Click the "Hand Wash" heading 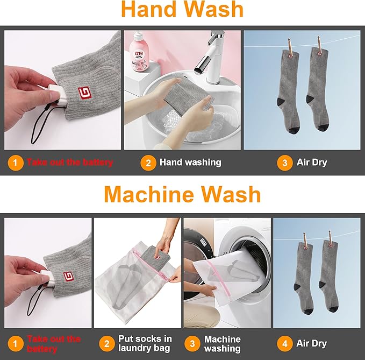tap(182, 9)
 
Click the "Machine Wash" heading tap(182, 195)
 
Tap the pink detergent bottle tap(139, 52)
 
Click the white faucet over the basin tap(211, 58)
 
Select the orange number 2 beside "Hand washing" tap(148, 163)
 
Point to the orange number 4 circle tap(285, 344)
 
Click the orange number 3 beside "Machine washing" tap(192, 344)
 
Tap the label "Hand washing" tap(190, 163)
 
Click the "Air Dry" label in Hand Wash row tap(312, 163)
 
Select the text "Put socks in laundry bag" tap(145, 343)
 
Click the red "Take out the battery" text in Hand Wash tap(69, 162)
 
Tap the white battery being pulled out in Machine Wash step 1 tap(46, 276)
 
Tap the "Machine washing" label tap(223, 344)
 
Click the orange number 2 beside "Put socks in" tap(107, 344)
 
